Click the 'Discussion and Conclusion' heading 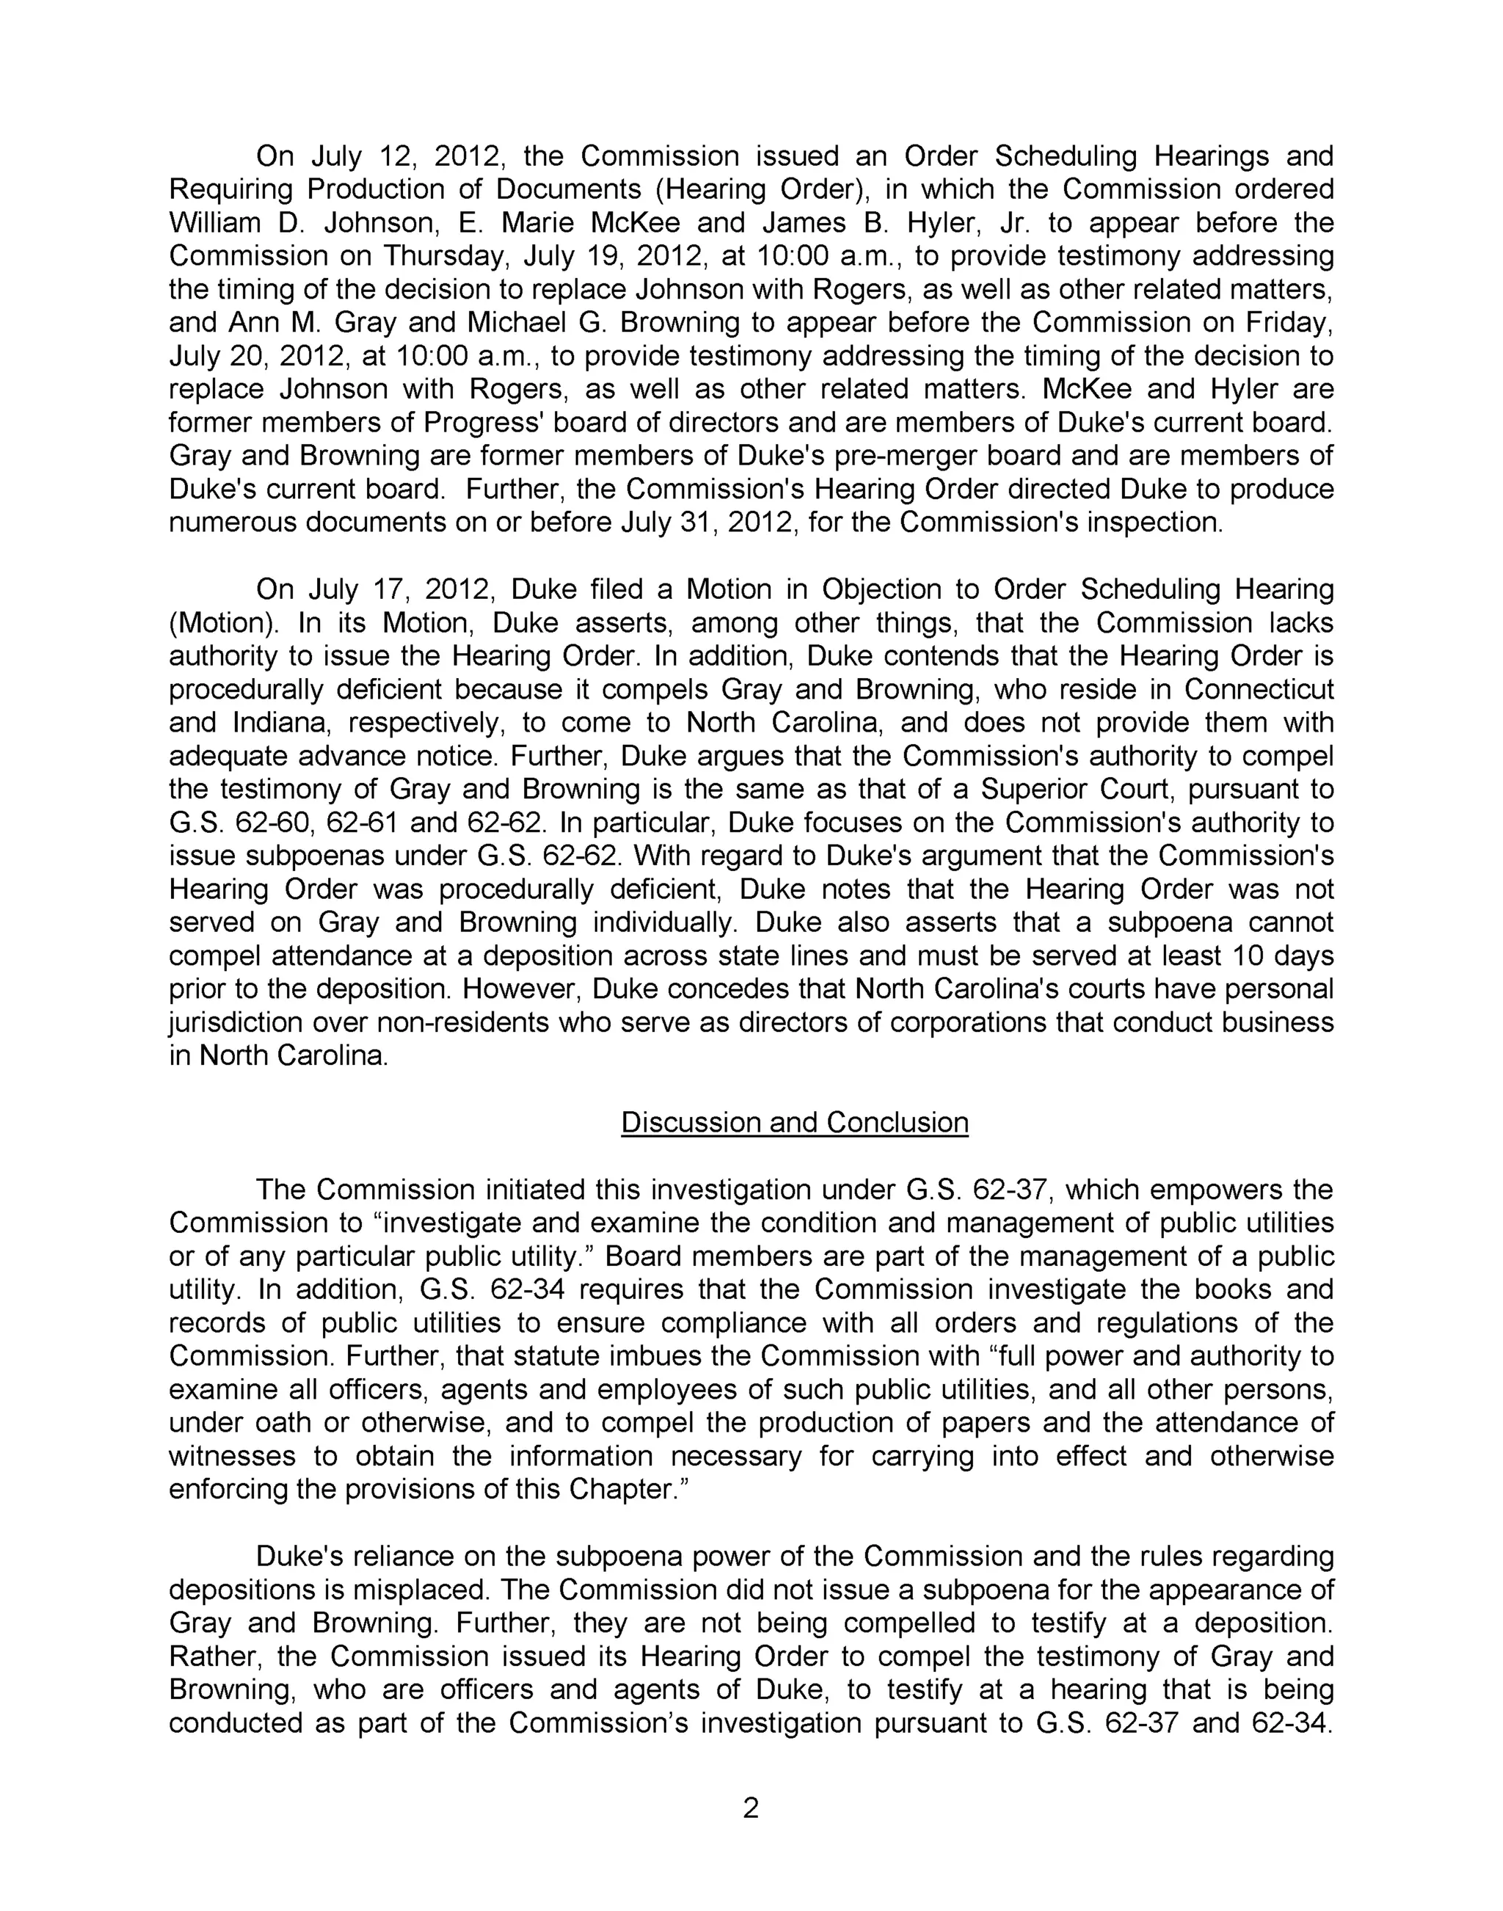[794, 1123]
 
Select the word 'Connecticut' [1259, 689]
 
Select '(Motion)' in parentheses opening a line [222, 623]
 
